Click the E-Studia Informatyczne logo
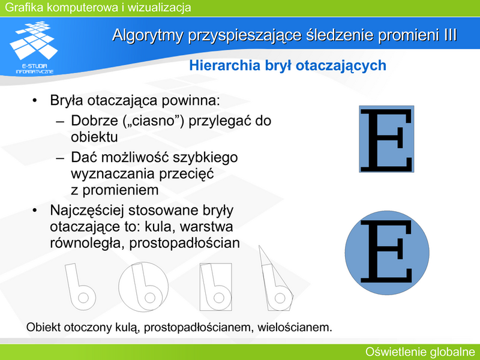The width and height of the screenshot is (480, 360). [34, 47]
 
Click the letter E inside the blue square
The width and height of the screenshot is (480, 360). [386, 140]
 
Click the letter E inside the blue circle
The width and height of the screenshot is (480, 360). [386, 251]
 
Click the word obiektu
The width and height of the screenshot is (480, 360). [94, 137]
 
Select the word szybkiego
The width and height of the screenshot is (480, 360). [205, 158]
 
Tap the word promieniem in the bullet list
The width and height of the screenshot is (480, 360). [121, 190]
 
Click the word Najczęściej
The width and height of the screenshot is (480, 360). [86, 211]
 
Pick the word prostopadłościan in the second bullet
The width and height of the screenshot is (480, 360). [185, 244]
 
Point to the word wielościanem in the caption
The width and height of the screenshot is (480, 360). [295, 328]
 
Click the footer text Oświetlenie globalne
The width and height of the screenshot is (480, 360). [421, 352]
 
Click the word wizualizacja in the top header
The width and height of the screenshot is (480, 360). [159, 7]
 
